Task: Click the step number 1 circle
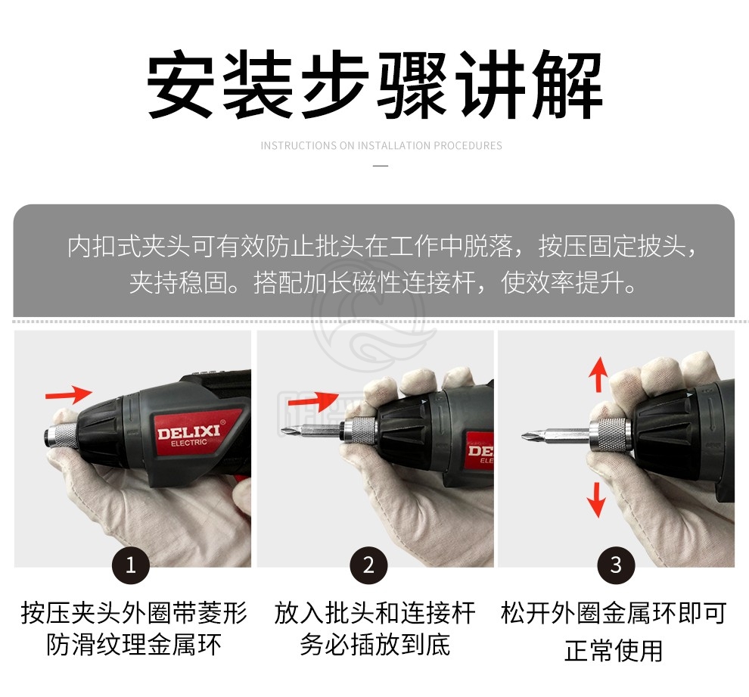point(131,565)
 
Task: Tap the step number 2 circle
point(368,565)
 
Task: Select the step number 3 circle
point(616,565)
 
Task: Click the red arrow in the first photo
point(69,394)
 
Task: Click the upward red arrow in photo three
point(598,375)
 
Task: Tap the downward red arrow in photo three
point(597,499)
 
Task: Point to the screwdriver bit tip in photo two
point(284,432)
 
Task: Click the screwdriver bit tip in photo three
point(526,436)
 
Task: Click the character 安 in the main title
point(181,85)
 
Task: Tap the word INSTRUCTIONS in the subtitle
point(299,145)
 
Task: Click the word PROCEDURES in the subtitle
point(468,145)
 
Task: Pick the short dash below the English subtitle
point(381,166)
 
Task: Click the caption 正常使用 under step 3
point(614,650)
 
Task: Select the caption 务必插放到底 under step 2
point(375,645)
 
